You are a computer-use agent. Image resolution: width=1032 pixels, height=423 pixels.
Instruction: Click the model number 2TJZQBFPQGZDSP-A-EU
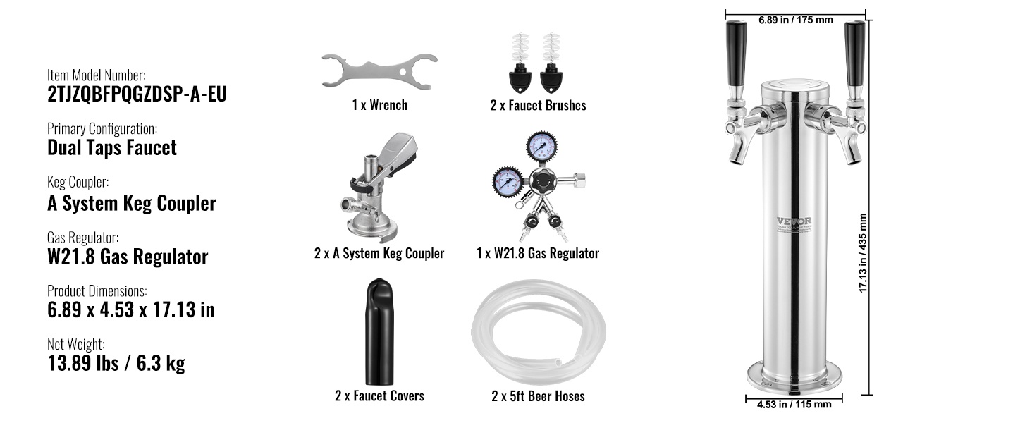pos(137,94)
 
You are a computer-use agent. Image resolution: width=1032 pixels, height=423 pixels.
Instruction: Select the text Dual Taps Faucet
pos(112,147)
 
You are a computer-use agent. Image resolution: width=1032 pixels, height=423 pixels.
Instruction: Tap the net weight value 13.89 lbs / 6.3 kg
pos(116,363)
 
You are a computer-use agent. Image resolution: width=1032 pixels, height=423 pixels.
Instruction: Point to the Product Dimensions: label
pos(97,291)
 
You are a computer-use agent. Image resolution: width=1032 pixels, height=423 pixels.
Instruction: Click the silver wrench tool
pos(379,71)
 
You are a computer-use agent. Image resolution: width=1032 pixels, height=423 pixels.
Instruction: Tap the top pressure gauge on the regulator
pos(542,147)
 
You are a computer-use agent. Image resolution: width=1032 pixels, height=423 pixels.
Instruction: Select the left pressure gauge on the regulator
pos(508,182)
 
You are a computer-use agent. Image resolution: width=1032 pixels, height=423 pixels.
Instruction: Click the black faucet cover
pos(380,332)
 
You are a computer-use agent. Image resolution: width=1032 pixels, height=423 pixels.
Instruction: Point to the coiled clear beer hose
pos(538,329)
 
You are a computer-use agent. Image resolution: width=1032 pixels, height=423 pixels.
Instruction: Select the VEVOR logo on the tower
pos(794,221)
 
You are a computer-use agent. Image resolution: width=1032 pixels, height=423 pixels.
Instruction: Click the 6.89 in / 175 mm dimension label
pos(796,20)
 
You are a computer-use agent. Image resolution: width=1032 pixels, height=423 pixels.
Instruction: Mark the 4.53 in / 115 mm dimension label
pos(794,405)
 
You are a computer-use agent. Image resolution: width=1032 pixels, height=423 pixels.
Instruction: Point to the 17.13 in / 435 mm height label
pos(863,253)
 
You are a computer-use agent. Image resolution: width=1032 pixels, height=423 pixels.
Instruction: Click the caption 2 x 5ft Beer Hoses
pos(538,396)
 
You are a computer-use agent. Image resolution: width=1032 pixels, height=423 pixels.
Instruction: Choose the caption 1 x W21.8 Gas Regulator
pos(538,253)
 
